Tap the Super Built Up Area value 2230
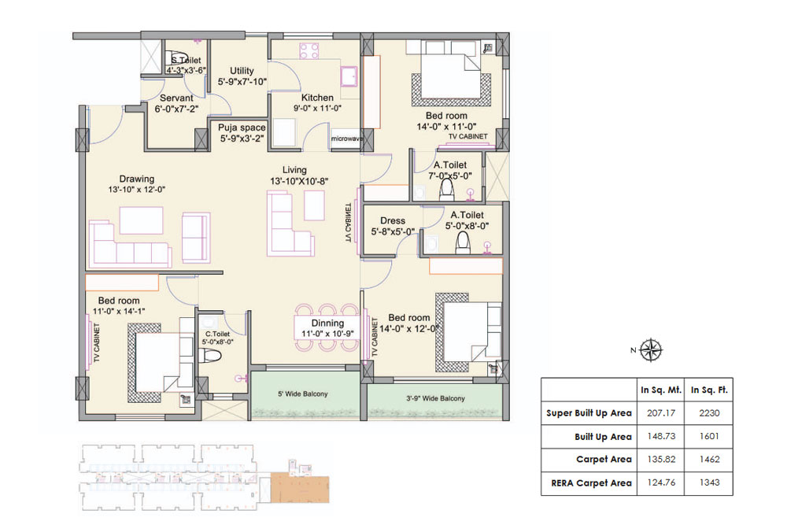(705, 412)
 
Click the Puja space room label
(242, 128)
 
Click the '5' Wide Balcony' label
(302, 394)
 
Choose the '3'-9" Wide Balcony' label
(431, 398)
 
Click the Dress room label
(392, 221)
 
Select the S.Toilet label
(186, 60)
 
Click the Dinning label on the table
(327, 323)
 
